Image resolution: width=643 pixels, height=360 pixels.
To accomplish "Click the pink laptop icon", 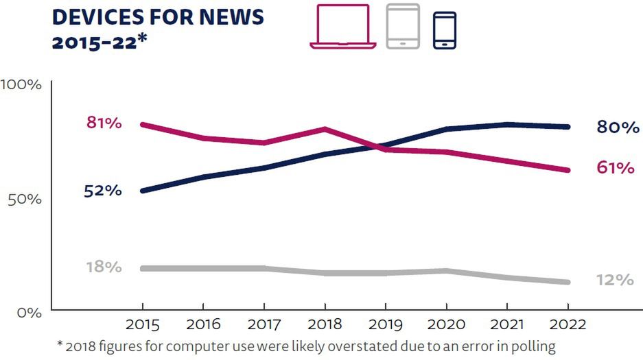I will point(342,27).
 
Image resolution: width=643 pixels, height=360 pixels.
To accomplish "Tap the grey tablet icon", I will point(403,26).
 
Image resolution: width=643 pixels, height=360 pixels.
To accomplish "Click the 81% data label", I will point(104,123).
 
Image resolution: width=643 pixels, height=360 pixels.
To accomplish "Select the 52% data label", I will point(103,191).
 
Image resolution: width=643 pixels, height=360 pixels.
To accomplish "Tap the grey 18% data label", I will point(104,267).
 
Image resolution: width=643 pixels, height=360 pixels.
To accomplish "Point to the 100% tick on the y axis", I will point(21,85).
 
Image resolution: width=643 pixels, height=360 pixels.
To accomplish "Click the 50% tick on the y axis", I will point(25,199).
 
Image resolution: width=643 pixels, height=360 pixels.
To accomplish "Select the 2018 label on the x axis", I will point(325,324).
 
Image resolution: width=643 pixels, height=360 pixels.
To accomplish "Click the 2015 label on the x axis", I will point(142,324).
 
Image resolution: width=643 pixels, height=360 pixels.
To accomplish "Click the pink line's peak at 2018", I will point(325,129).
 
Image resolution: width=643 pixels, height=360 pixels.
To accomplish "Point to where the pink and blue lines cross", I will point(377,146).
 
